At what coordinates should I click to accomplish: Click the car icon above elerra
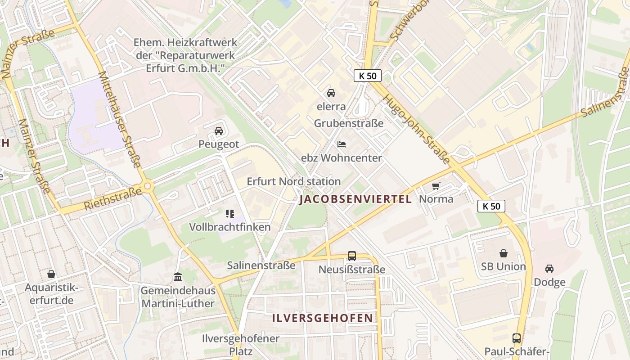pyautogui.click(x=331, y=93)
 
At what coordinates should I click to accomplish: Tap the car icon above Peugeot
pyautogui.click(x=219, y=131)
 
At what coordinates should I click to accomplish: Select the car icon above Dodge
pyautogui.click(x=549, y=269)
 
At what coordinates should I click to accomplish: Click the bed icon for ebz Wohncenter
pyautogui.click(x=342, y=144)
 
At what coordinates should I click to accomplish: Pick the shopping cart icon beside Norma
pyautogui.click(x=436, y=185)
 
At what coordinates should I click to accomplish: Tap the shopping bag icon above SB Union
pyautogui.click(x=504, y=253)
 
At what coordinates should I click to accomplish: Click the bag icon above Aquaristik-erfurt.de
pyautogui.click(x=51, y=274)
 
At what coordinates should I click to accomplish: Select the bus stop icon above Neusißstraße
pyautogui.click(x=352, y=256)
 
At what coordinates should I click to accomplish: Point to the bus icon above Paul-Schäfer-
pyautogui.click(x=517, y=338)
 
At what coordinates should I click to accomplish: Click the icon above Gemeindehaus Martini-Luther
pyautogui.click(x=178, y=277)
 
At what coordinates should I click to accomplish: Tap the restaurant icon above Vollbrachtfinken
pyautogui.click(x=230, y=213)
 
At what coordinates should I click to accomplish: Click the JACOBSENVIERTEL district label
pyautogui.click(x=355, y=199)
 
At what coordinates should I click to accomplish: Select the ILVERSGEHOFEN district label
pyautogui.click(x=323, y=318)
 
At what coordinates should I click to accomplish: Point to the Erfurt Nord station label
pyautogui.click(x=294, y=181)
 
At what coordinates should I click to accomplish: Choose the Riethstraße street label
pyautogui.click(x=112, y=199)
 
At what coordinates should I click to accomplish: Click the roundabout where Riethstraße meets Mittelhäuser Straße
pyautogui.click(x=147, y=185)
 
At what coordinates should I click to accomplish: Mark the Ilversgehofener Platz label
pyautogui.click(x=241, y=345)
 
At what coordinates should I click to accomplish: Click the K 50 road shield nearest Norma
pyautogui.click(x=491, y=206)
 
